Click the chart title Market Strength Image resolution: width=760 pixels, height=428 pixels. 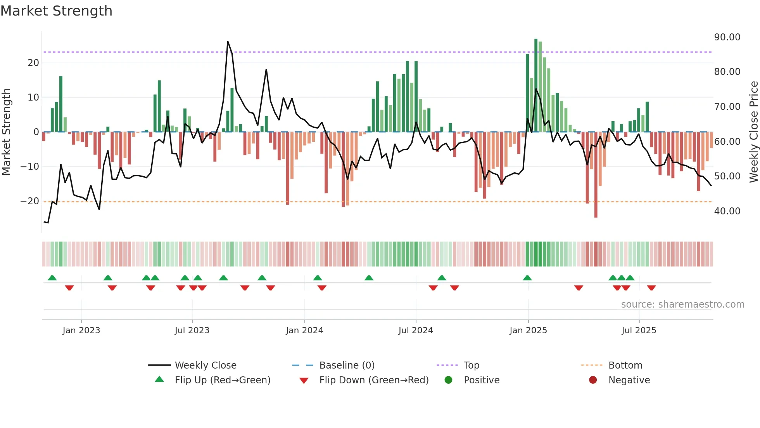(56, 11)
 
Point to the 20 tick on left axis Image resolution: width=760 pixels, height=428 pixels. (33, 63)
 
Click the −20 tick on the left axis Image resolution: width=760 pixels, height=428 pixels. (30, 201)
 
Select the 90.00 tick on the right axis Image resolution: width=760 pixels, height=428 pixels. (727, 37)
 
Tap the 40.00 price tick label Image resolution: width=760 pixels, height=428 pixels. (727, 211)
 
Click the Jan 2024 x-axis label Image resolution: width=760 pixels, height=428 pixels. (304, 331)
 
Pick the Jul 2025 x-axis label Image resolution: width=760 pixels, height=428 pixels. (639, 331)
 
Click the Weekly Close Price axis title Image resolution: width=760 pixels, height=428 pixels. (753, 132)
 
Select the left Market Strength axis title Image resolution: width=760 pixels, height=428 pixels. (6, 132)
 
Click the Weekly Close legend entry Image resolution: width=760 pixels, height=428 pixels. (205, 365)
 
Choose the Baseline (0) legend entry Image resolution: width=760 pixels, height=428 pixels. (347, 365)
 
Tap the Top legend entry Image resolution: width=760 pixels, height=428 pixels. (471, 365)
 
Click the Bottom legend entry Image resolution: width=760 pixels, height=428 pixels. (625, 365)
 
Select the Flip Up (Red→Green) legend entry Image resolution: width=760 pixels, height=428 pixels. (222, 380)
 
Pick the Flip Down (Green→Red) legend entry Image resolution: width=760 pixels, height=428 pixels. (374, 380)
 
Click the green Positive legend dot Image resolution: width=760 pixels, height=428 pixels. (448, 380)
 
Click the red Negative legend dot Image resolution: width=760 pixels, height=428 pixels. (593, 380)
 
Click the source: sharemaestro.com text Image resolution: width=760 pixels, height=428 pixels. (682, 304)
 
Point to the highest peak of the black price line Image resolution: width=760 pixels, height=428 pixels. (228, 42)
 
